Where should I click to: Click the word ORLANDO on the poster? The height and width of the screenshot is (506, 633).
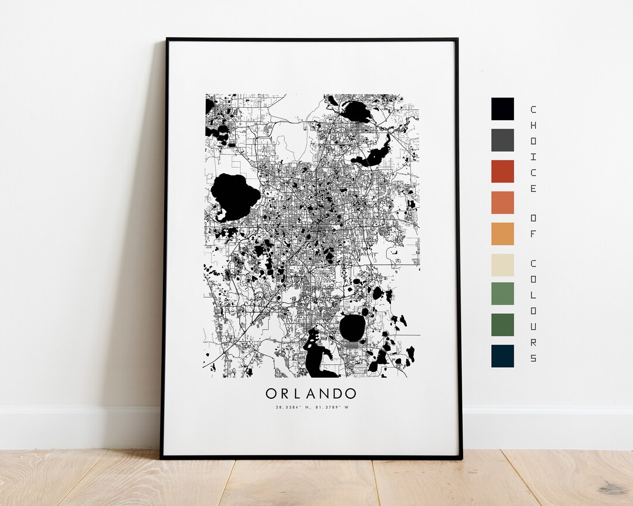[311, 393]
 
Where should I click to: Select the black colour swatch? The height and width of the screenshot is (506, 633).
[502, 109]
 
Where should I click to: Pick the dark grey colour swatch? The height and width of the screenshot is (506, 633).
[502, 140]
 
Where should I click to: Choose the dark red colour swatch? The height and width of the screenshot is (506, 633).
[502, 171]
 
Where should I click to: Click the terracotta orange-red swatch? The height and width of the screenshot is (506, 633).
[502, 203]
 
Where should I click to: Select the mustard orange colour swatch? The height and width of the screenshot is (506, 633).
[502, 234]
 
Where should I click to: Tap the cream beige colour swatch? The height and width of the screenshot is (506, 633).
[502, 265]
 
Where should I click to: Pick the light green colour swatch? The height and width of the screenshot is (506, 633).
[502, 293]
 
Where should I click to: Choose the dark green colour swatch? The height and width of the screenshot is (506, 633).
[502, 324]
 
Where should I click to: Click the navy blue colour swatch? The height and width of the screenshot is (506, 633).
[502, 355]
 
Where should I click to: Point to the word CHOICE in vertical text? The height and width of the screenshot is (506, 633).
[533, 149]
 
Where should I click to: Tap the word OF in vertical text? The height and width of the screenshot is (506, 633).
[533, 226]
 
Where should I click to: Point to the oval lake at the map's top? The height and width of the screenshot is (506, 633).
[356, 111]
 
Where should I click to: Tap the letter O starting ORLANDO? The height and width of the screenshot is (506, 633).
[272, 393]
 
